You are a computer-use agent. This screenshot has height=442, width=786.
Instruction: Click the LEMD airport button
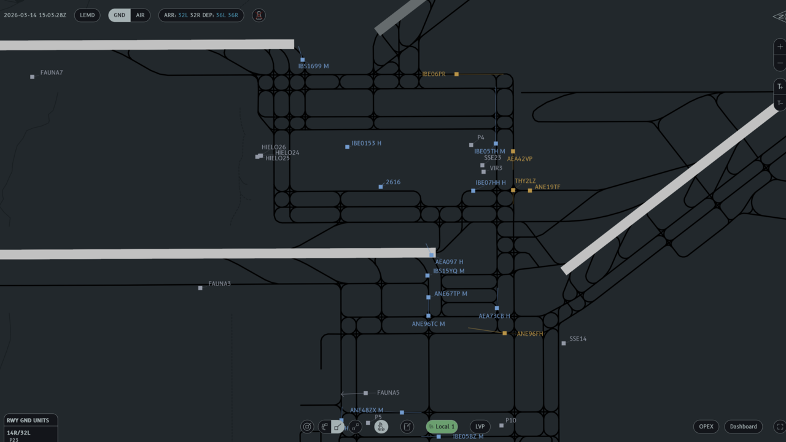tap(87, 15)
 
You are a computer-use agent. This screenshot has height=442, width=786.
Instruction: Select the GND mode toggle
tap(120, 15)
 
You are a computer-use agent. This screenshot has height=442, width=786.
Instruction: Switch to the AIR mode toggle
tap(140, 15)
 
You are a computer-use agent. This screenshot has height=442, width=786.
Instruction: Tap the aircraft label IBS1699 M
tap(313, 66)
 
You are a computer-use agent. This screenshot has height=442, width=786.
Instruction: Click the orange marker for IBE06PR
tap(456, 74)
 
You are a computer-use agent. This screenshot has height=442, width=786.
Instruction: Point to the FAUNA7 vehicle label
tap(52, 73)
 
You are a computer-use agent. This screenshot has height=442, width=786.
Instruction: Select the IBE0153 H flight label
tap(366, 144)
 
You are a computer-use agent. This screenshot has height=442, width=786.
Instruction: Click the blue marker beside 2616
tap(381, 187)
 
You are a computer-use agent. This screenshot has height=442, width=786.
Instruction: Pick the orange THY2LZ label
tap(525, 182)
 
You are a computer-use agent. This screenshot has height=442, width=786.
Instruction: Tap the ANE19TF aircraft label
tap(547, 187)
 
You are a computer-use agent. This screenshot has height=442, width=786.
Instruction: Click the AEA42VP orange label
tap(519, 159)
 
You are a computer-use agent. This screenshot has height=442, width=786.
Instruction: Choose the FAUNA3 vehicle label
tap(219, 284)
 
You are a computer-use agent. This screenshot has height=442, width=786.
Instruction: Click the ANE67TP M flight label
tap(450, 294)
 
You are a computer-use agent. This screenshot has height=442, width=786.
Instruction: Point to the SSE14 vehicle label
tap(578, 339)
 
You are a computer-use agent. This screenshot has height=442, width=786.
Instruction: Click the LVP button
tap(480, 427)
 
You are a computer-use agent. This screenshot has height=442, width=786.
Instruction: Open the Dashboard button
tap(743, 427)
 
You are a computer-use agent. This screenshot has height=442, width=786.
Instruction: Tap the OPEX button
tap(706, 427)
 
